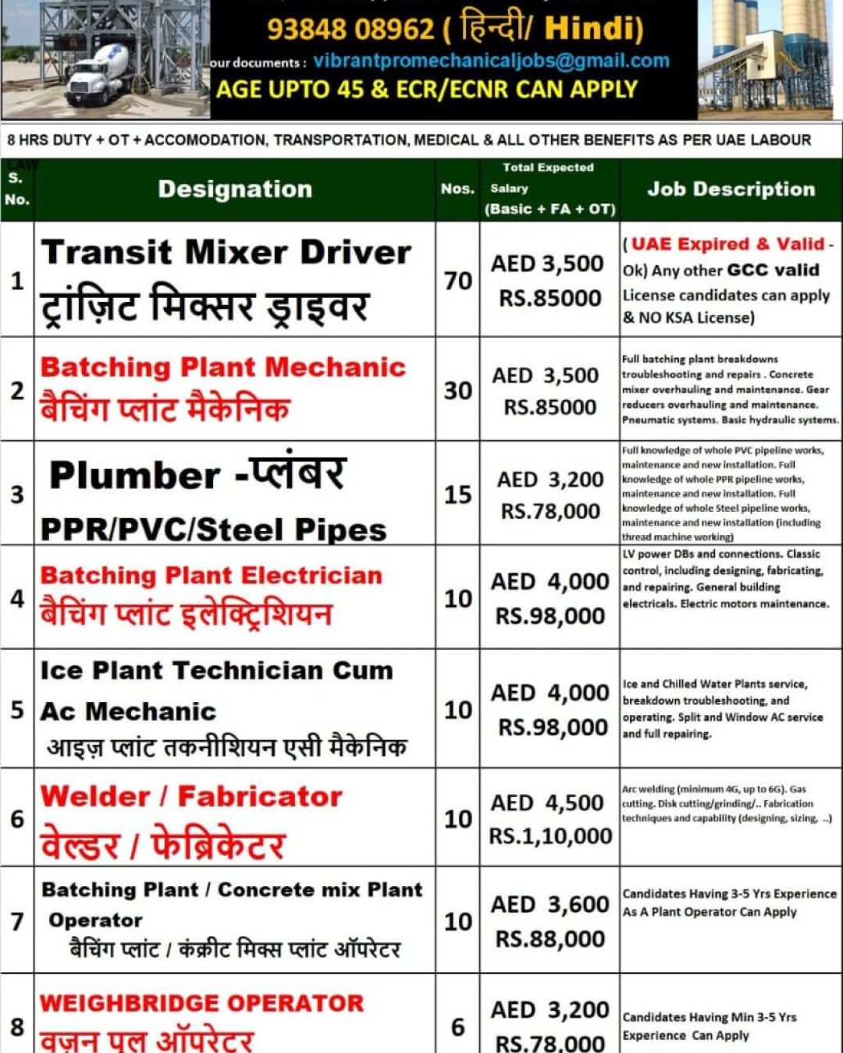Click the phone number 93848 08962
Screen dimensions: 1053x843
(x=350, y=29)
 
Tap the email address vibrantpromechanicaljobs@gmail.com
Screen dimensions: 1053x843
(x=491, y=61)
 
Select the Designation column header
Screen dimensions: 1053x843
(x=235, y=190)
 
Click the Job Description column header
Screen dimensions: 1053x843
(x=731, y=190)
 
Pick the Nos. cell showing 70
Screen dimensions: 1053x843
(x=458, y=280)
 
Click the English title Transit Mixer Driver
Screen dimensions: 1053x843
(x=226, y=253)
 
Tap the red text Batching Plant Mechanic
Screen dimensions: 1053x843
(x=223, y=367)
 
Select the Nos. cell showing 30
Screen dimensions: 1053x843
(x=458, y=390)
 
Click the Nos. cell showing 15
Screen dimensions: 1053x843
(x=458, y=495)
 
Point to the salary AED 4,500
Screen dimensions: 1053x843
(x=548, y=803)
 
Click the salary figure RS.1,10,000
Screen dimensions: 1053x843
(x=550, y=836)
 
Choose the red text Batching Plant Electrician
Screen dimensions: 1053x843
(x=212, y=576)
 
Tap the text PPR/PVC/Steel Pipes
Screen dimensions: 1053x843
(x=213, y=530)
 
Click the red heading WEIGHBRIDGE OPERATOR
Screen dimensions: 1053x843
(x=201, y=1003)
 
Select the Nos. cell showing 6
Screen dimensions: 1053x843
(x=458, y=1026)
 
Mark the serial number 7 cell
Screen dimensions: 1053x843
(x=17, y=921)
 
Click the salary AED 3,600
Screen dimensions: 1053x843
(x=550, y=904)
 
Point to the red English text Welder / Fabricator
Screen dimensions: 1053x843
(x=191, y=796)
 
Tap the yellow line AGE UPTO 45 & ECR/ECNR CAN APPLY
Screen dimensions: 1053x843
(x=427, y=90)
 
